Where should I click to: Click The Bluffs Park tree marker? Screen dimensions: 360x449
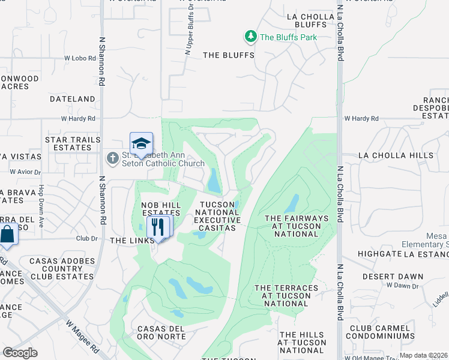click(251, 37)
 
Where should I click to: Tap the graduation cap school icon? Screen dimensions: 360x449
click(141, 143)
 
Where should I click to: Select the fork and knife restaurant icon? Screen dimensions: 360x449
click(158, 227)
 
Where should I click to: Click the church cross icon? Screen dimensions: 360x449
click(112, 158)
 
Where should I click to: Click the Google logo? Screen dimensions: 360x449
click(20, 353)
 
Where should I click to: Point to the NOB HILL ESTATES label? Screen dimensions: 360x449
click(161, 209)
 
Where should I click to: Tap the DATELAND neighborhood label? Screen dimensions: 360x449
click(73, 99)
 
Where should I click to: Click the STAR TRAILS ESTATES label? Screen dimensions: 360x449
click(73, 143)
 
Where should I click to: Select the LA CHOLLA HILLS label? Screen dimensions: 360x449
click(396, 155)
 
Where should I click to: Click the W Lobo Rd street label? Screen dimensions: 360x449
click(80, 58)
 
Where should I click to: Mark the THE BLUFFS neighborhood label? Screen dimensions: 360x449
click(228, 55)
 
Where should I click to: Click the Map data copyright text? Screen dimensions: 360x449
click(423, 355)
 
